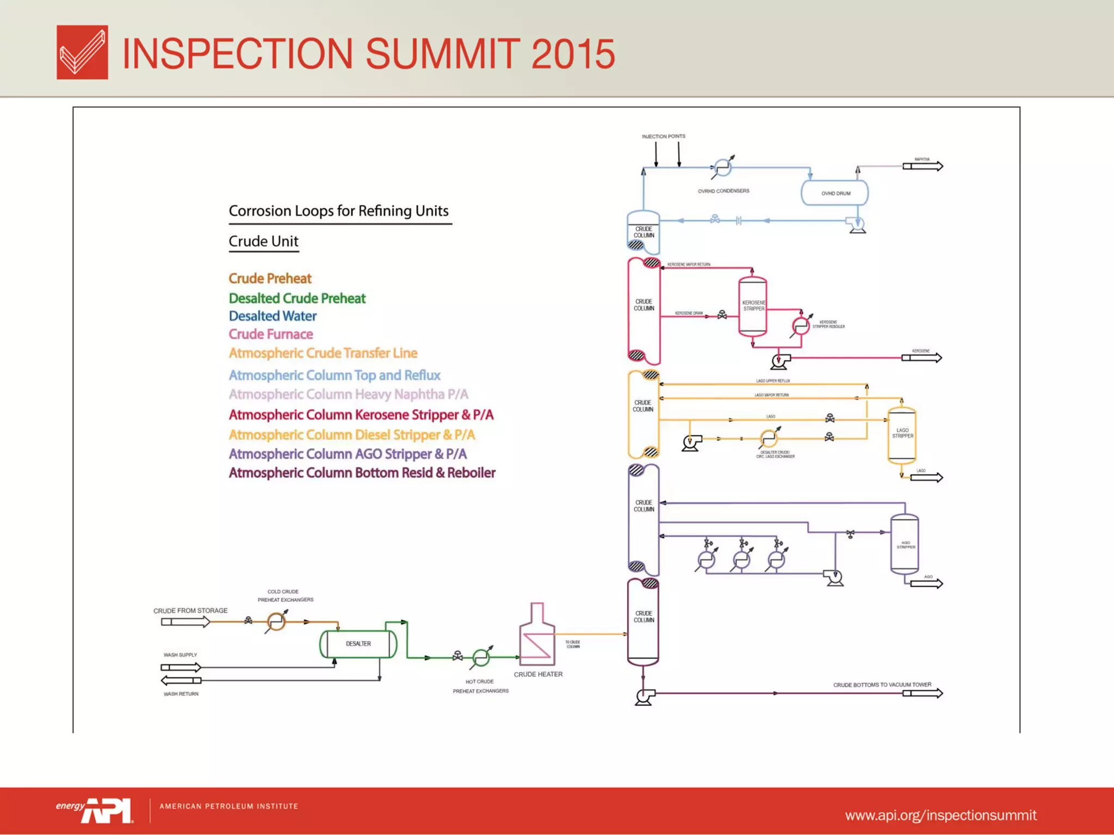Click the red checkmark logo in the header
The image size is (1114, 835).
pyautogui.click(x=82, y=52)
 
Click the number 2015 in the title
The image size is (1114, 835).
pyautogui.click(x=573, y=54)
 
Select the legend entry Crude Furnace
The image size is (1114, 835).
pyautogui.click(x=271, y=334)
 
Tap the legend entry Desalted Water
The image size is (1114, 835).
pyautogui.click(x=273, y=316)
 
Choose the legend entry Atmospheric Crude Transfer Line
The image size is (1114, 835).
pyautogui.click(x=323, y=353)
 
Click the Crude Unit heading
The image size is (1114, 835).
pyautogui.click(x=263, y=241)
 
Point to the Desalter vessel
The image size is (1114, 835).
pyautogui.click(x=358, y=644)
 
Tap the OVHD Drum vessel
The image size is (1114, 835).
pyautogui.click(x=834, y=193)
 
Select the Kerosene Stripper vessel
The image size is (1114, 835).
pyautogui.click(x=753, y=306)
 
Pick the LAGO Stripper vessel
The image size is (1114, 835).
pyautogui.click(x=902, y=434)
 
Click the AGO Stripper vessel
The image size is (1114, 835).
pyautogui.click(x=905, y=544)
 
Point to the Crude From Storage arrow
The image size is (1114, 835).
pyautogui.click(x=185, y=621)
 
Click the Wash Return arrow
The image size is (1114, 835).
pyautogui.click(x=181, y=680)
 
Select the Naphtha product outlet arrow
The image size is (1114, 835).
pyautogui.click(x=923, y=166)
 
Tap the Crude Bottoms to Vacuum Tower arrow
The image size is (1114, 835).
pyautogui.click(x=923, y=693)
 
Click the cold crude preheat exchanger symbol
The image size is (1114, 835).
pyautogui.click(x=276, y=621)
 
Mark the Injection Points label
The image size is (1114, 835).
pyautogui.click(x=663, y=136)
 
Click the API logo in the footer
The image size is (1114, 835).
pyautogui.click(x=107, y=810)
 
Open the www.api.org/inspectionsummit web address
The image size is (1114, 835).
pyautogui.click(x=940, y=815)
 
